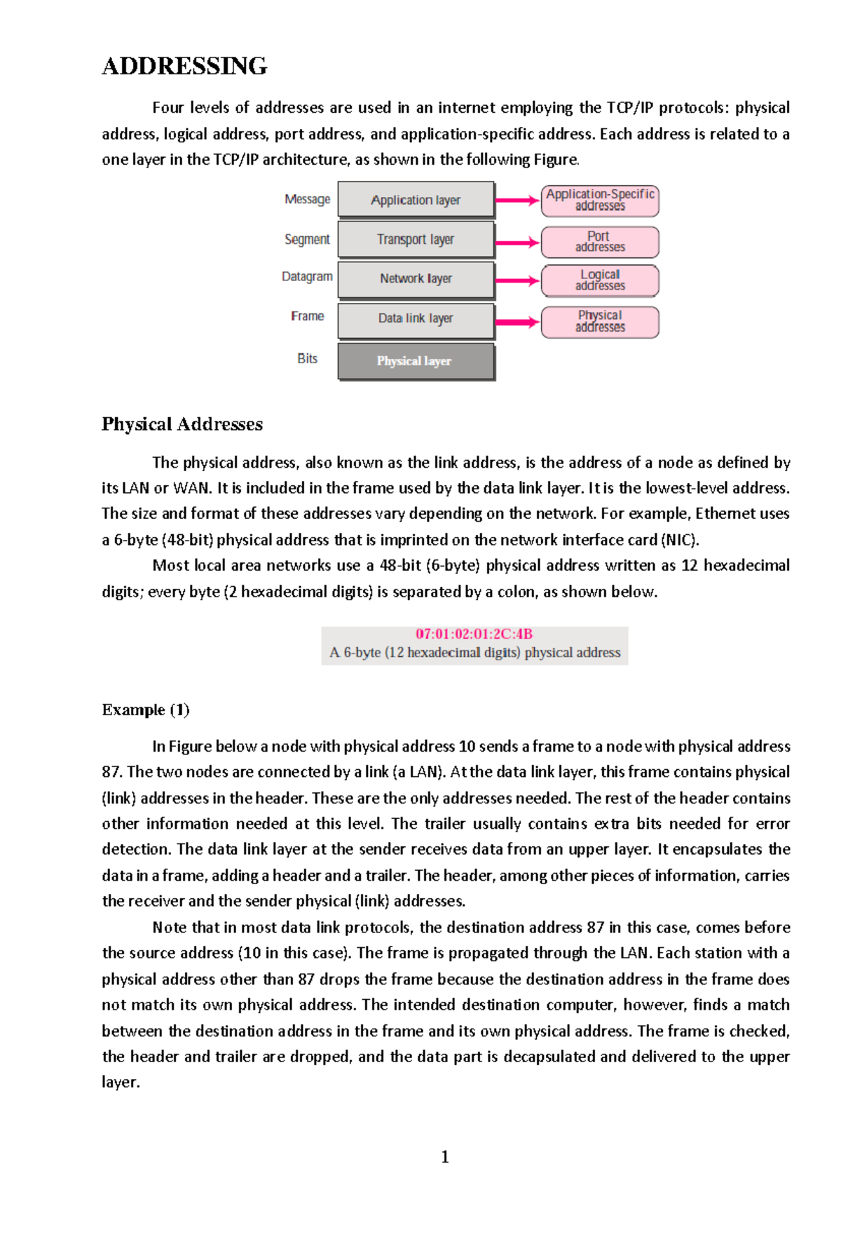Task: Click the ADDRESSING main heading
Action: tap(184, 66)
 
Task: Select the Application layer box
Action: tap(416, 200)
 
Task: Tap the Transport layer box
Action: tap(416, 240)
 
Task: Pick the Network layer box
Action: tap(416, 279)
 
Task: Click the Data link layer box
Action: tap(416, 319)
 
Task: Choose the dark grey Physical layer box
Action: tap(416, 361)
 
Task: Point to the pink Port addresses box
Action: tap(600, 242)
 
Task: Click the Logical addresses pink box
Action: tap(600, 280)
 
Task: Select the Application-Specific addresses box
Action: tap(600, 201)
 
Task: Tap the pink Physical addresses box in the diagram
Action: tap(600, 322)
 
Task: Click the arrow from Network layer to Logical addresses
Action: tap(517, 280)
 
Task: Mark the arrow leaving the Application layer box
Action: tap(517, 201)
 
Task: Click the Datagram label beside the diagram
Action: tap(307, 277)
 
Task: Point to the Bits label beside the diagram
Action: tap(307, 359)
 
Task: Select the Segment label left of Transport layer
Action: tap(307, 240)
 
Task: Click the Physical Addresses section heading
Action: tap(182, 424)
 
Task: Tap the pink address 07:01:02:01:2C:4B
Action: tap(474, 634)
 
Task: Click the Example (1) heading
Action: tap(146, 710)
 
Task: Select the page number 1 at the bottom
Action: tap(445, 1157)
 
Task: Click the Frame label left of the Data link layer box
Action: tap(307, 316)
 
